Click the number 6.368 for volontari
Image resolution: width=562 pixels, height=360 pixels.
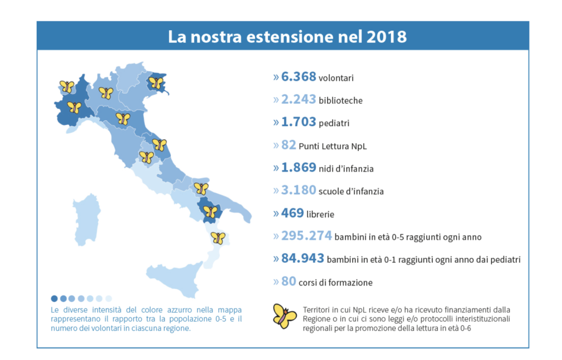click(x=298, y=77)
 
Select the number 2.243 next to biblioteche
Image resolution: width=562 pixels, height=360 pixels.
click(x=298, y=99)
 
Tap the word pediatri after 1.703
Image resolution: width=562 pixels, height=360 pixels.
click(x=334, y=123)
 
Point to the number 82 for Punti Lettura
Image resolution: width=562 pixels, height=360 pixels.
click(x=289, y=145)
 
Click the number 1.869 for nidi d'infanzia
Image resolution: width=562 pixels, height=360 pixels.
click(x=298, y=167)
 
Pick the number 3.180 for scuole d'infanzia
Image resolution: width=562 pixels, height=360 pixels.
click(x=298, y=190)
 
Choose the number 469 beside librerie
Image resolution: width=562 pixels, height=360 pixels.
click(x=293, y=213)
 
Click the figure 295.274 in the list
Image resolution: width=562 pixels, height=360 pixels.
click(x=306, y=236)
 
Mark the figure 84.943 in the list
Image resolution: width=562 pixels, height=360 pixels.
click(x=302, y=258)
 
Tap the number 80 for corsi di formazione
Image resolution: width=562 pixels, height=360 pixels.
click(x=289, y=282)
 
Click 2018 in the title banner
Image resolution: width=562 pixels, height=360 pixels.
click(x=384, y=37)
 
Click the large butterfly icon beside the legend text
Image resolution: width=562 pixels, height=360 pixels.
click(x=284, y=316)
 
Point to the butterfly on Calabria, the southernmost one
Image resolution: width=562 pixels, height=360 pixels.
click(x=218, y=238)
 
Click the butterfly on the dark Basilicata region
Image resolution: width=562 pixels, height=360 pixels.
click(x=210, y=211)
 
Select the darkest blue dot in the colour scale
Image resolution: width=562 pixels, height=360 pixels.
click(x=54, y=299)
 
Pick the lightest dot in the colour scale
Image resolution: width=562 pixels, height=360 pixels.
click(x=109, y=299)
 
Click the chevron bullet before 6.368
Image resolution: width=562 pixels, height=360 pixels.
click(x=276, y=77)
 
